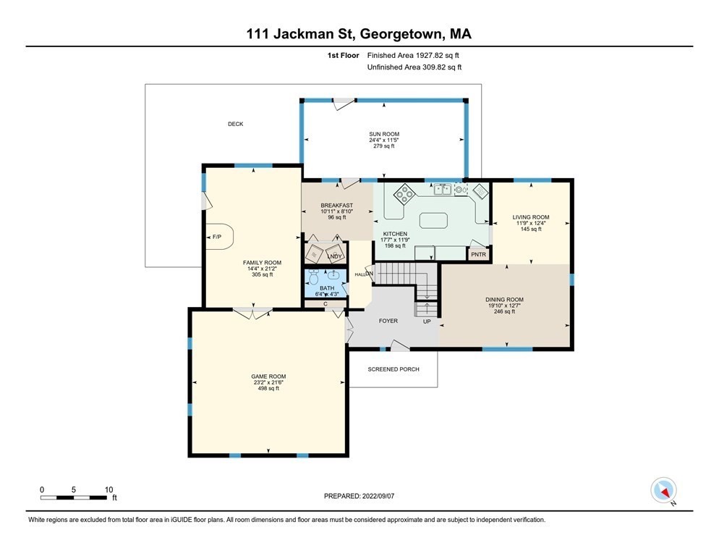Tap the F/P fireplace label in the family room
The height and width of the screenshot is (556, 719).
point(216,237)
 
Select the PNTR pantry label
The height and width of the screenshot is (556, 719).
point(478,255)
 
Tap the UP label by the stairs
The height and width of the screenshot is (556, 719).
point(427,321)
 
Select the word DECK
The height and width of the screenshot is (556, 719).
point(235,124)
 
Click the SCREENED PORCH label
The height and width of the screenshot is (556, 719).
point(393,369)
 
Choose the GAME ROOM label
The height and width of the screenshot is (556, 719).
point(268,376)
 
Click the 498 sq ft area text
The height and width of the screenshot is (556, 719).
point(268,389)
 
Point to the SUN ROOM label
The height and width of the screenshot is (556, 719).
point(383,134)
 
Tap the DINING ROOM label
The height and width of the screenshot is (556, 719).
point(504,300)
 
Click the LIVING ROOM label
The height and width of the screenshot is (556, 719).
point(531,217)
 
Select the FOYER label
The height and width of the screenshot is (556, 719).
point(388,321)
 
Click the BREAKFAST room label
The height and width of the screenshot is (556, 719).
point(337,206)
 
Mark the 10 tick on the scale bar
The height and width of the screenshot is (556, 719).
point(109,489)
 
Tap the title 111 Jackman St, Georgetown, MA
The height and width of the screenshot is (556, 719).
point(359,33)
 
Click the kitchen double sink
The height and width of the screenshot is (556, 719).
point(443,190)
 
